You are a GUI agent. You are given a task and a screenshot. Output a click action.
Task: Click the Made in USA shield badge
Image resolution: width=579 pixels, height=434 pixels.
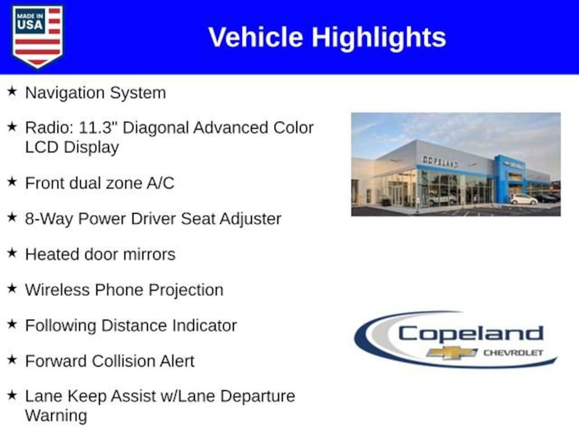(x=37, y=36)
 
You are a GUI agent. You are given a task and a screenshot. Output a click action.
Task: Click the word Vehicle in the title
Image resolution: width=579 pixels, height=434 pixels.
(x=256, y=37)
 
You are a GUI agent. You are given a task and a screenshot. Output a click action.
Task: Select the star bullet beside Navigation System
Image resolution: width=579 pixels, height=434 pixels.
(x=12, y=91)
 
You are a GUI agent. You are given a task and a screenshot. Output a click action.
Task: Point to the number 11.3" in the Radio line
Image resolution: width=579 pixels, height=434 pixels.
(x=95, y=128)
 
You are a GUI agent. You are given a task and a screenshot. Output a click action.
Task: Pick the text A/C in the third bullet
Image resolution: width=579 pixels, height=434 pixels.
(x=160, y=183)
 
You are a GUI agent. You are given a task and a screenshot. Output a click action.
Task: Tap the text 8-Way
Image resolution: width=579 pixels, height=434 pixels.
(x=49, y=219)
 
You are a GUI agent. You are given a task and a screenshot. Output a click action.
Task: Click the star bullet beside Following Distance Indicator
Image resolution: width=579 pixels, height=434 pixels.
(x=12, y=324)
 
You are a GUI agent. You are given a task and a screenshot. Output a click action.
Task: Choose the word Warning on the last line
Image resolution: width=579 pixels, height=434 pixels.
(x=56, y=415)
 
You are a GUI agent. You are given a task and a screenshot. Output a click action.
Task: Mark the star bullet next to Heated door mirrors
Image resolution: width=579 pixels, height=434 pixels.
(x=12, y=253)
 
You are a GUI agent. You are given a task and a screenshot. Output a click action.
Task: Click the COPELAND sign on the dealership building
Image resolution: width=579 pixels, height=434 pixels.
(x=440, y=161)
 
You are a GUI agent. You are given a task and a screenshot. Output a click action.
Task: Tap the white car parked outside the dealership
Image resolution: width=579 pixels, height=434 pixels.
(x=524, y=199)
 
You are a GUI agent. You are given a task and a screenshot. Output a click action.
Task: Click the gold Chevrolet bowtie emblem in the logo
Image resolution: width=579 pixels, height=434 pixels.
(x=452, y=353)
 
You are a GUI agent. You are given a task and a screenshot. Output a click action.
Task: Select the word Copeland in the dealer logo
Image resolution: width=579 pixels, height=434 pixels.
(x=471, y=333)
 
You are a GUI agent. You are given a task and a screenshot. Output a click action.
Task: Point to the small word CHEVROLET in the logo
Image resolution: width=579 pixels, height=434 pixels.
(x=513, y=353)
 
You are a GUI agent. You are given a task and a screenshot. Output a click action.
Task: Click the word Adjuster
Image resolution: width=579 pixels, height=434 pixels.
(x=250, y=219)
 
